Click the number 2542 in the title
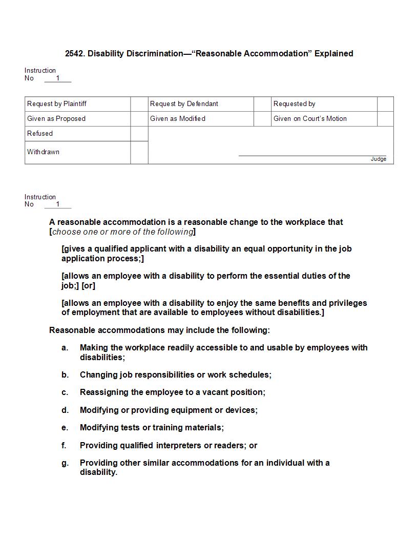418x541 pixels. pyautogui.click(x=74, y=53)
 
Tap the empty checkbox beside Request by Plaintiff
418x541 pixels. pyautogui.click(x=139, y=104)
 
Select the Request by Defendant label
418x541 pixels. pyautogui.click(x=184, y=104)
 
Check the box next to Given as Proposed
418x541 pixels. pyautogui.click(x=139, y=119)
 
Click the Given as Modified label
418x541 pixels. pyautogui.click(x=177, y=119)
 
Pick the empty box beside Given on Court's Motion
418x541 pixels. pyautogui.click(x=385, y=119)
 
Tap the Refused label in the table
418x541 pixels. pyautogui.click(x=40, y=134)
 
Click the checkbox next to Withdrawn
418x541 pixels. pyautogui.click(x=139, y=153)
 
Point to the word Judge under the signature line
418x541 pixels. pyautogui.click(x=379, y=159)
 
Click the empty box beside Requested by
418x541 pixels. pyautogui.click(x=385, y=104)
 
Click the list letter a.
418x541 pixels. pyautogui.click(x=65, y=348)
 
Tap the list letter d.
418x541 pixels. pyautogui.click(x=65, y=410)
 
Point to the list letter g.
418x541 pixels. pyautogui.click(x=65, y=463)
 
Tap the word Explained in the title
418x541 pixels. pyautogui.click(x=333, y=53)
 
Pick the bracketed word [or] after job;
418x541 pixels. pyautogui.click(x=88, y=286)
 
